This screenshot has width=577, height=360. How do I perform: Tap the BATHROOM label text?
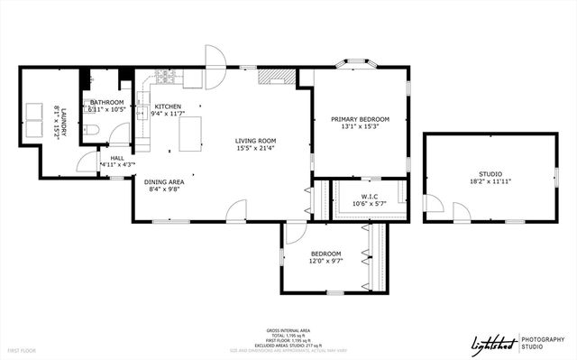pyautogui.click(x=106, y=102)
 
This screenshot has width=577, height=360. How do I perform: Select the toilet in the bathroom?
pyautogui.click(x=94, y=132)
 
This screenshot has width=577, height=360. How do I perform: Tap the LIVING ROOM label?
pyautogui.click(x=255, y=141)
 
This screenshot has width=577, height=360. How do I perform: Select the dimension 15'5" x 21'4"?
pyautogui.click(x=255, y=149)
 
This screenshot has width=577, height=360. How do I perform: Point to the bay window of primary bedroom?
pyautogui.click(x=359, y=64)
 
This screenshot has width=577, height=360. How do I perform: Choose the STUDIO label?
pyautogui.click(x=490, y=173)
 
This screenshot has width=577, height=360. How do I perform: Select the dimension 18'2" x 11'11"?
pyautogui.click(x=490, y=181)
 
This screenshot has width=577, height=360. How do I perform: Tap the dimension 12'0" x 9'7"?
pyautogui.click(x=325, y=261)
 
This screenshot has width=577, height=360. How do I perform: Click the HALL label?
pyautogui.click(x=116, y=157)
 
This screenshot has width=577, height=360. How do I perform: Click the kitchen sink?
pyautogui.click(x=143, y=112)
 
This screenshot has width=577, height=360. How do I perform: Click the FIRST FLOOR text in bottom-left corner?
pyautogui.click(x=23, y=349)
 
